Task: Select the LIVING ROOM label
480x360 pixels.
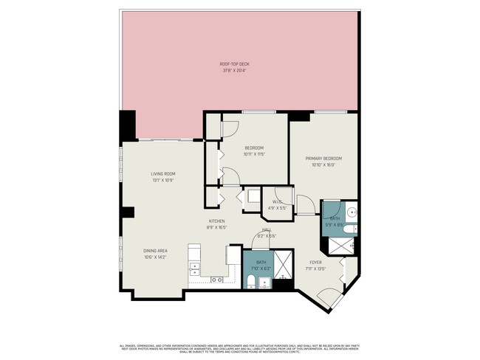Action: [162, 174]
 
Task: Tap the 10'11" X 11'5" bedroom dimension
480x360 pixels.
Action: [254, 154]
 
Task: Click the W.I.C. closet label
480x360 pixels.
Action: [278, 202]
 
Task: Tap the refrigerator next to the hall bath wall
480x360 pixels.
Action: [233, 255]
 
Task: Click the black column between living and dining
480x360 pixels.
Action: [128, 212]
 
